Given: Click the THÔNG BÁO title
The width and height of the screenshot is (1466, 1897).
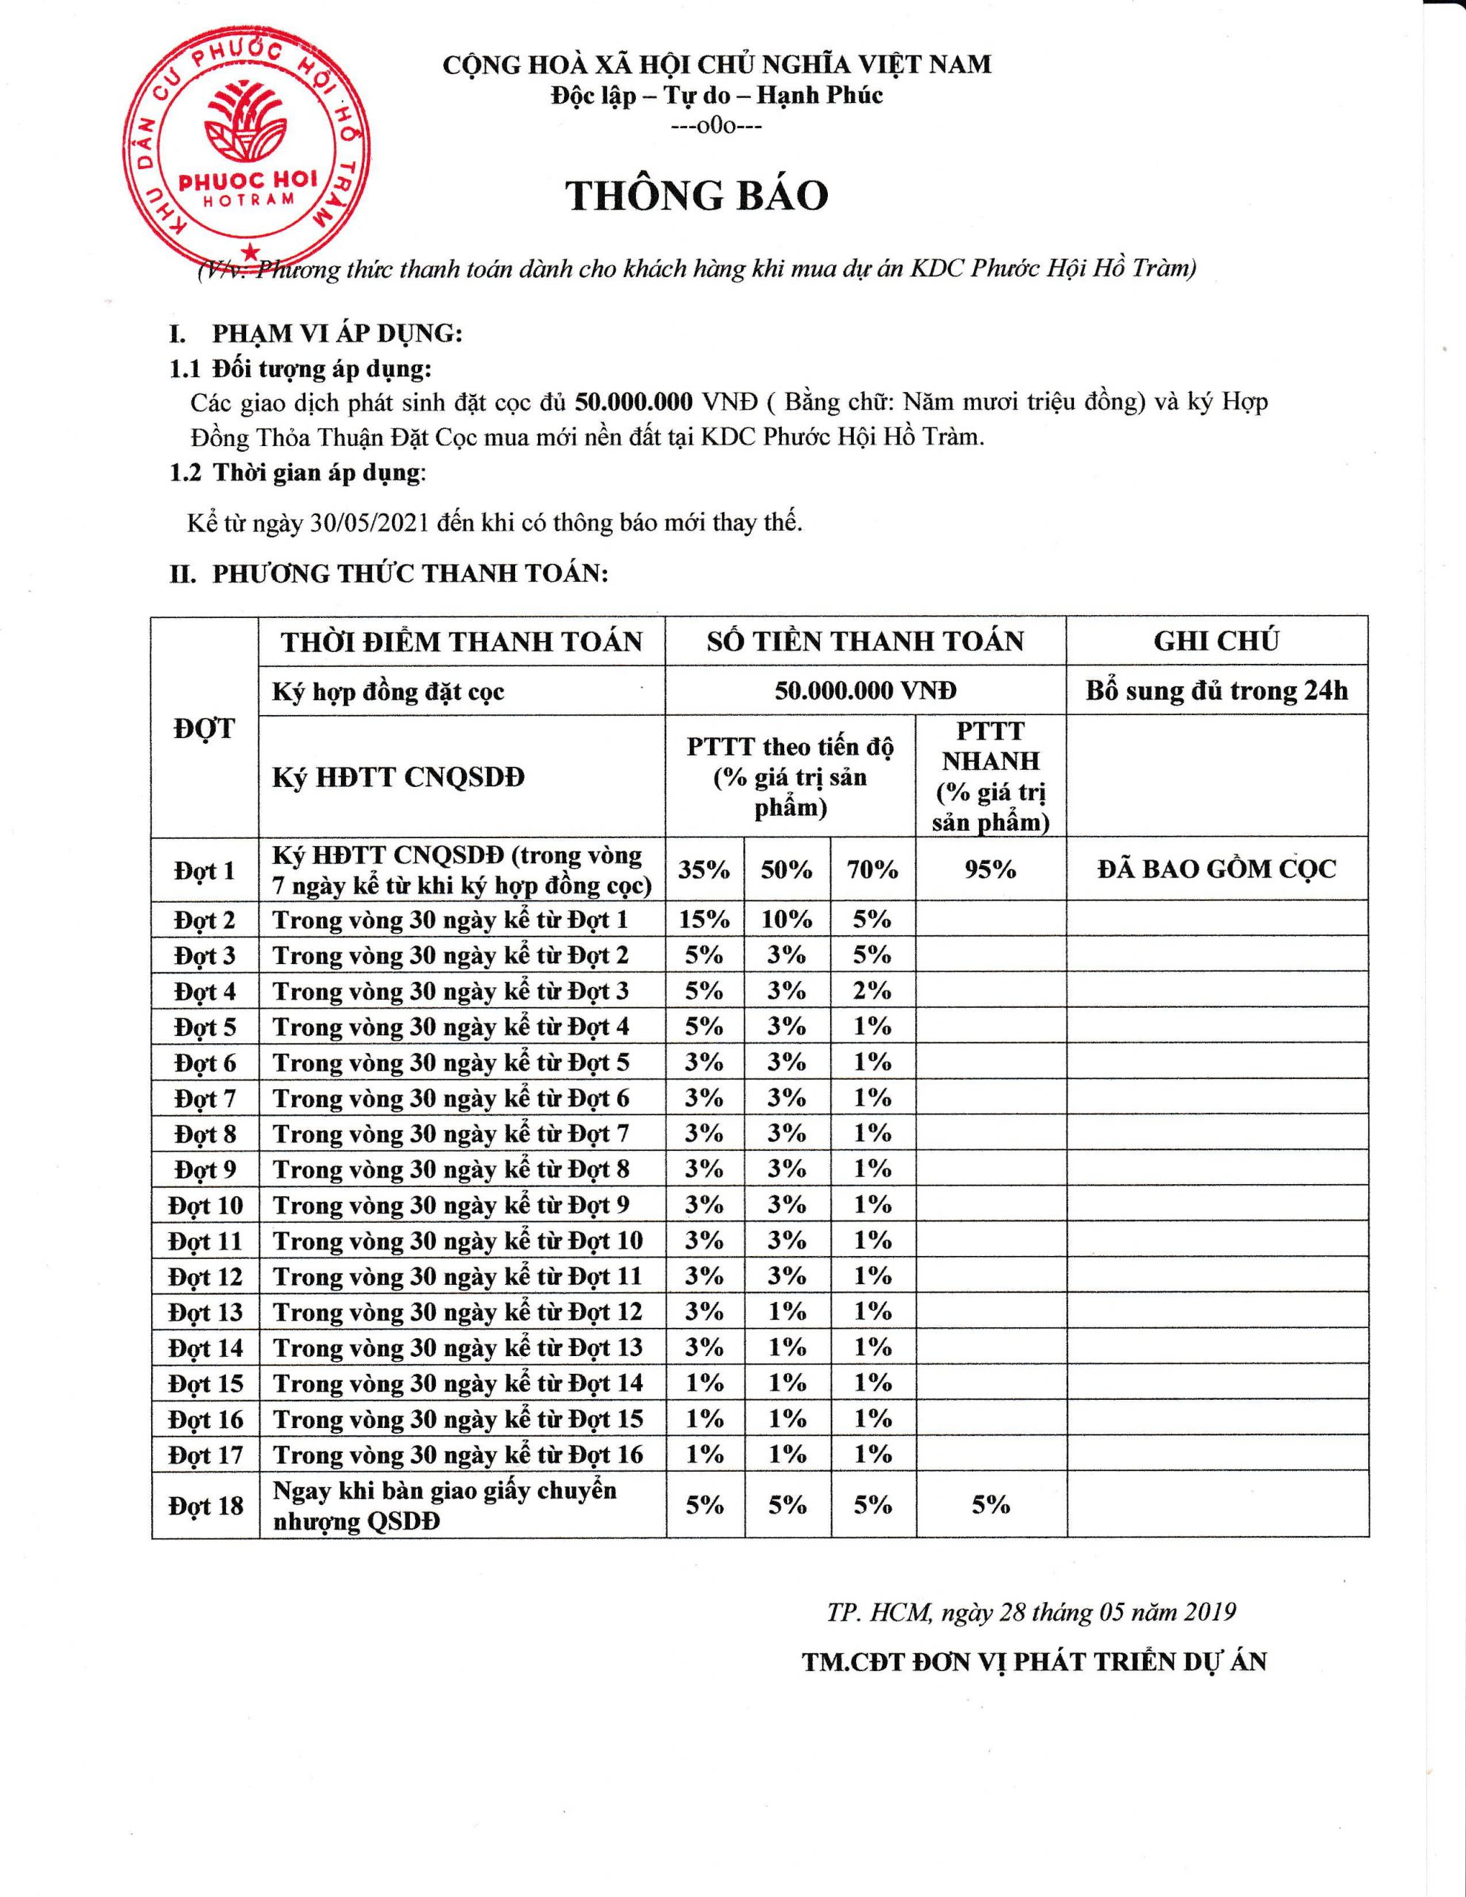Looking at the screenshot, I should pyautogui.click(x=697, y=196).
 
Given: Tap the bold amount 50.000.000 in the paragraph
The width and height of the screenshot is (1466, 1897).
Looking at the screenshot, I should pyautogui.click(x=634, y=402).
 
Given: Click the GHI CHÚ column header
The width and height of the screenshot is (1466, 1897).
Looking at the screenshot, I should pyautogui.click(x=1215, y=641).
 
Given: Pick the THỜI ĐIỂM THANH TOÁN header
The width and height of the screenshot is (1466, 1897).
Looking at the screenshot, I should pyautogui.click(x=462, y=642).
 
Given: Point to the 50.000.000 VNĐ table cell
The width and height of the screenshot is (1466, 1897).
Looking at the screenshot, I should pyautogui.click(x=866, y=691).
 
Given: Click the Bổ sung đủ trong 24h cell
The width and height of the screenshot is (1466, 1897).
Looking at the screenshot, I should pyautogui.click(x=1216, y=691).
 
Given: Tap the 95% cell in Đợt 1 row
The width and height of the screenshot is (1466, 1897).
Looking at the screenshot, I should pyautogui.click(x=991, y=869).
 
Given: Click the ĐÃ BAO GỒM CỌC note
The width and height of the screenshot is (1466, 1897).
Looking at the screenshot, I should pyautogui.click(x=1216, y=869).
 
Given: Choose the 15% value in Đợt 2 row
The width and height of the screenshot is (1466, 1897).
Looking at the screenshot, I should pyautogui.click(x=704, y=919).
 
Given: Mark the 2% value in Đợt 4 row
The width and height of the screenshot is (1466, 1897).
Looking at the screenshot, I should pyautogui.click(x=872, y=990).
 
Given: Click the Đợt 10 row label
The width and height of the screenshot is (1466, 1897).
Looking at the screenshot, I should pyautogui.click(x=205, y=1206).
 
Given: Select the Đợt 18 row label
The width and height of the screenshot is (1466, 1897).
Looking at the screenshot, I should pyautogui.click(x=205, y=1505).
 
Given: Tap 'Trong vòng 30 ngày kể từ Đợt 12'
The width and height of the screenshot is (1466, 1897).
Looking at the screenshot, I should pyautogui.click(x=458, y=1312).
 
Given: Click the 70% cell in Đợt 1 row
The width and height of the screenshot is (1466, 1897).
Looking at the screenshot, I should pyautogui.click(x=872, y=869).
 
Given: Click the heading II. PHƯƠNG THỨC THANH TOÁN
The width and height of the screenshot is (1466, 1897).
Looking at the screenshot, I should pyautogui.click(x=388, y=574).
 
